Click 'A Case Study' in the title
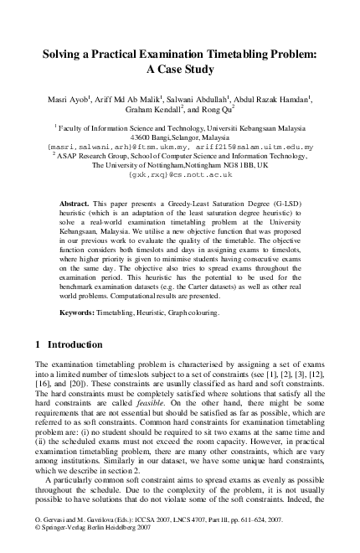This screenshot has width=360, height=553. (179, 71)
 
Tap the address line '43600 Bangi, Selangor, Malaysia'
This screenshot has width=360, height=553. (179, 137)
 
